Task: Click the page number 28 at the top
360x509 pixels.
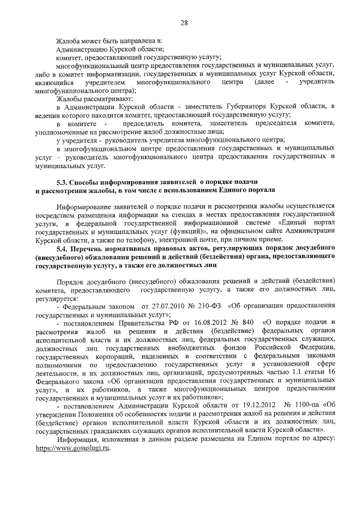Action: [x=184, y=22]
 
